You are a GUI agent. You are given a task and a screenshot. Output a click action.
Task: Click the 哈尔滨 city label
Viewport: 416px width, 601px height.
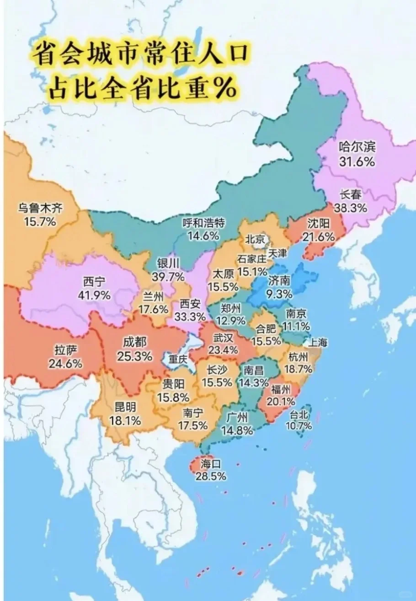[x=357, y=147]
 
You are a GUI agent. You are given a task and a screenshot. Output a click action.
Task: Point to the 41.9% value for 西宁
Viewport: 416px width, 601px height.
[x=96, y=295]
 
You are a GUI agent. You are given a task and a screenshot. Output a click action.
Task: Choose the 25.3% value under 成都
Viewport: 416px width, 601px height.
[x=134, y=356]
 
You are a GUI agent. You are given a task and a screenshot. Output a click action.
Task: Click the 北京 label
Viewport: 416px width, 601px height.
[x=255, y=239]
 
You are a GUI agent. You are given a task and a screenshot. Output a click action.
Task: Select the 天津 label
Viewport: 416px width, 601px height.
[x=277, y=253]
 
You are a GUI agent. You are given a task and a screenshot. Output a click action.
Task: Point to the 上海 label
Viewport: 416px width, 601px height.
[x=318, y=342]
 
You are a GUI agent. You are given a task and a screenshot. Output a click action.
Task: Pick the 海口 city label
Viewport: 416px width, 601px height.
[x=210, y=464]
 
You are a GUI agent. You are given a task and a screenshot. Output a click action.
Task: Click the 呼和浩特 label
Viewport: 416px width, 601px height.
[x=203, y=223]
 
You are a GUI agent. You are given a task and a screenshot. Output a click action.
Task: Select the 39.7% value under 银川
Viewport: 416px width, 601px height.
[x=171, y=277]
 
